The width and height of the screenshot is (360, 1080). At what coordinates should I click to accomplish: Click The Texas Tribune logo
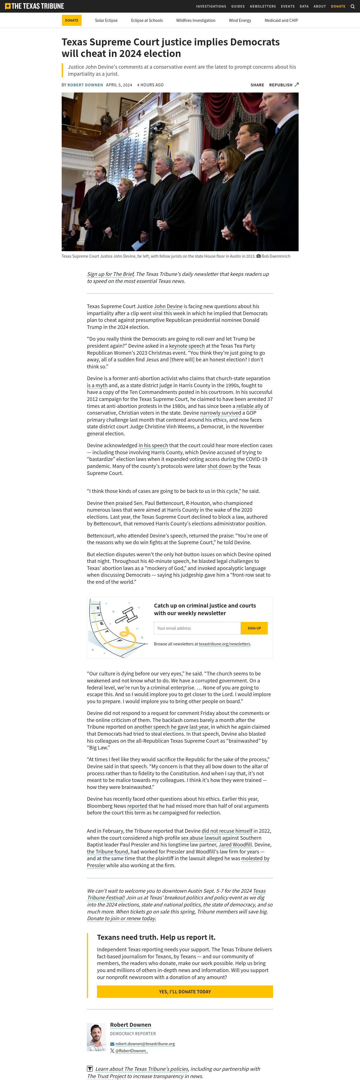[x=34, y=6]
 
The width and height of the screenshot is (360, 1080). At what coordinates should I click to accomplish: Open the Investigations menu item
[x=211, y=6]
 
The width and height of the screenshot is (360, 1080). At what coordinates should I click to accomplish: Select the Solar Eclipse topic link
[x=106, y=20]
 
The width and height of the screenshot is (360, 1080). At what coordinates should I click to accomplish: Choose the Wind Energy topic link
[x=240, y=20]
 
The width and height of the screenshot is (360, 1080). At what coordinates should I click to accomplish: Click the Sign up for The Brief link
[x=110, y=274]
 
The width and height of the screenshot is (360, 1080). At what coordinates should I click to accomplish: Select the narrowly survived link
[x=220, y=413]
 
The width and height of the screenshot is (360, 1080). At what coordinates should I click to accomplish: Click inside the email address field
[x=197, y=628]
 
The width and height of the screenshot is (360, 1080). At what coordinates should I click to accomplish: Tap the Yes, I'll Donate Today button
[x=185, y=991]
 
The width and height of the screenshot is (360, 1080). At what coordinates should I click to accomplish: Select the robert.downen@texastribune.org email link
[x=145, y=1044]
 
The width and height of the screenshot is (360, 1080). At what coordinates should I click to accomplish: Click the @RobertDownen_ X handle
[x=131, y=1051]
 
